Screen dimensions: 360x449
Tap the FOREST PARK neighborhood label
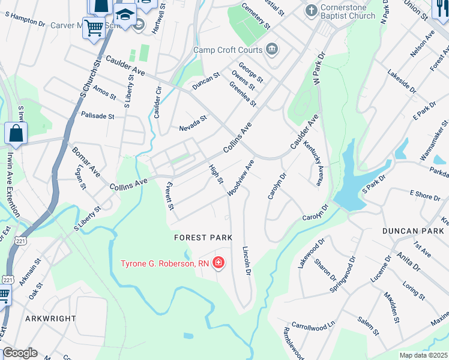203,238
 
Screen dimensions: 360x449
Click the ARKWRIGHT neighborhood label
50,319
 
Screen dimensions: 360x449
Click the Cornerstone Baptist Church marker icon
311,10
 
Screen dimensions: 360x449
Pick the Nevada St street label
193,124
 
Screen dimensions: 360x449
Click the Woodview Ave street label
241,177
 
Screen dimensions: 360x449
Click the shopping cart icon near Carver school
94,27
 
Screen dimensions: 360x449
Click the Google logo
20,353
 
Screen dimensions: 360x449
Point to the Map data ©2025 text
424,355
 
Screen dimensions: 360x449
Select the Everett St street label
170,196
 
